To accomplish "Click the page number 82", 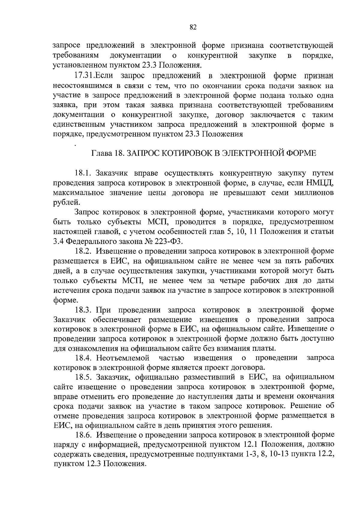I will [193, 27].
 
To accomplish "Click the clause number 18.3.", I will [83, 310].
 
